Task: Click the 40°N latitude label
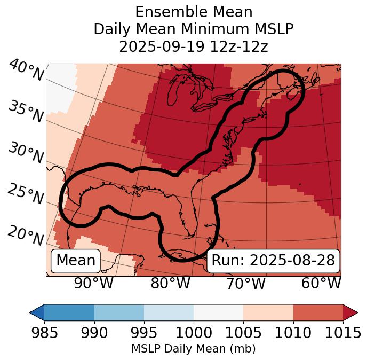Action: coord(26,71)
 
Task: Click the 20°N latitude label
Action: coord(25,235)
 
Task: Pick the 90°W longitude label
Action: coord(94,283)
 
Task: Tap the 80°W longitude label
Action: coord(170,283)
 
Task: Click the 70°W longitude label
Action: coord(245,283)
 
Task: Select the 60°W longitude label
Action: coord(321,283)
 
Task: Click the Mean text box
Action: coord(76,261)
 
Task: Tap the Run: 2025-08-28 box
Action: coord(273,261)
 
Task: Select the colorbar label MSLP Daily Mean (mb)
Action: coord(193,349)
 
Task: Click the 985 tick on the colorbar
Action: coord(45,333)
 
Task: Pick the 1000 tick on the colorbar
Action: coord(194,333)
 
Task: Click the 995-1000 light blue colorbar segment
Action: coord(169,312)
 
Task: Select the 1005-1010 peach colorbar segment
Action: coord(268,312)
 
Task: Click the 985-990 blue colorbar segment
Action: coord(69,312)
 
